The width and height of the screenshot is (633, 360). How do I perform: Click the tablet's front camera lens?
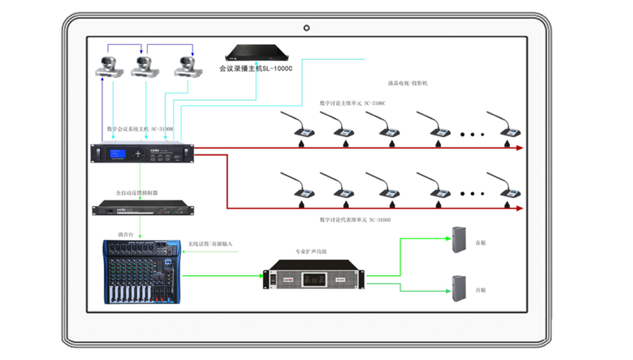[x=306, y=28]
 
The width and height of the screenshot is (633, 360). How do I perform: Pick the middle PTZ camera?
[x=145, y=67]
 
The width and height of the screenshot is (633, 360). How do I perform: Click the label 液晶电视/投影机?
[x=407, y=83]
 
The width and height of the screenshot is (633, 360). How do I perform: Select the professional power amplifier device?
[x=314, y=278]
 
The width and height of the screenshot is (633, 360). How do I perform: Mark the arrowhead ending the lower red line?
[x=520, y=208]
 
